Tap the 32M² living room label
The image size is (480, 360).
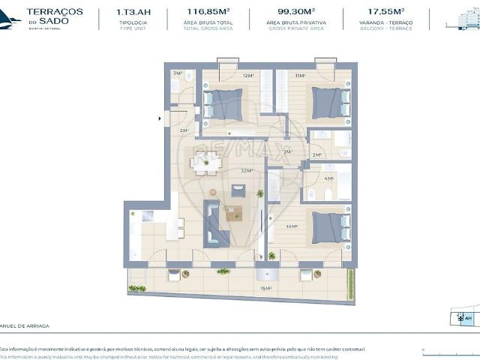(246, 171)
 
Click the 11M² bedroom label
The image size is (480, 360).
(300, 76)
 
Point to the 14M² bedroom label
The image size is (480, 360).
(292, 226)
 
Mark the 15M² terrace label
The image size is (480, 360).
(265, 287)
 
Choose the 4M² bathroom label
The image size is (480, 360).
(328, 178)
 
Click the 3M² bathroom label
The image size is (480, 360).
(317, 155)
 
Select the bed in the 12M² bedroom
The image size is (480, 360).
(223, 104)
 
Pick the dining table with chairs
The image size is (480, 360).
(205, 162)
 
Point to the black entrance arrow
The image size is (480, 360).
(159, 117)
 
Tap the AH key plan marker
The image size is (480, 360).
(468, 318)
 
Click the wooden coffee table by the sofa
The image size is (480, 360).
(234, 213)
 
